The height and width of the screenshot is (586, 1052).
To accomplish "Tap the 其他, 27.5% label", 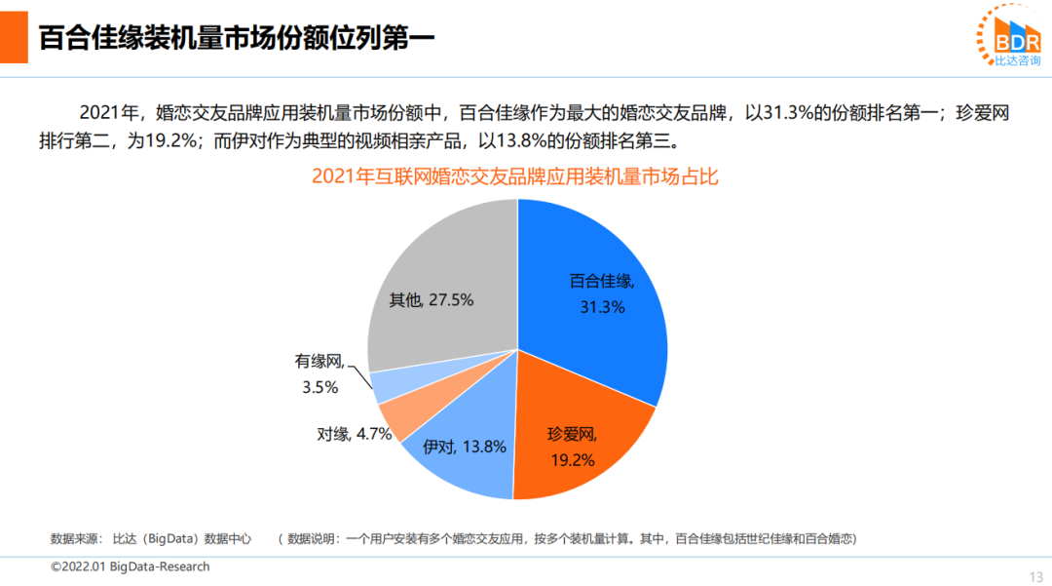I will coord(432,300).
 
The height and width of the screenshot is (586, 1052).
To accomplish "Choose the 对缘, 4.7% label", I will coord(355,434).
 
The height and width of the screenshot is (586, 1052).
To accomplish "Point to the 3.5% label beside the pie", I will coord(319,387).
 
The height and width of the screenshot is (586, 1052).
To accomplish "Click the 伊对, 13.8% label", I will coord(465,448).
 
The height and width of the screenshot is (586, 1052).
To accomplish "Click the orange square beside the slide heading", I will coord(14,37).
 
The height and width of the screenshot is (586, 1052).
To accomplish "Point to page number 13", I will coord(1035,574).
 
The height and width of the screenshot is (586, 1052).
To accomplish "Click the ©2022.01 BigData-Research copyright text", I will coord(130,566).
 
